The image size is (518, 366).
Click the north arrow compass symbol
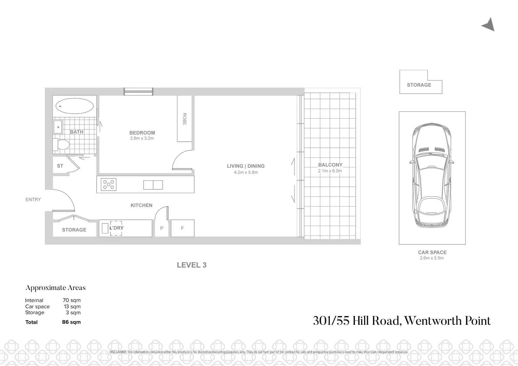pos(489,25)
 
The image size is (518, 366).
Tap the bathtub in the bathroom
pos(75,106)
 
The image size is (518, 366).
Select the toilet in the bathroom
pos(62,145)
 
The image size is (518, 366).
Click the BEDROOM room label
pos(142,133)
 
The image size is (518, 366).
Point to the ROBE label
pos(184,119)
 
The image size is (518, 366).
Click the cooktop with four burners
pos(109,184)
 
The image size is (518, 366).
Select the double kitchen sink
pos(153,185)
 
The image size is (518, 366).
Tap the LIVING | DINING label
pos(245,166)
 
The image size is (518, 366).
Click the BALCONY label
pos(330,165)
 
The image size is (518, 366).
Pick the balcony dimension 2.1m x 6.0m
pos(330,171)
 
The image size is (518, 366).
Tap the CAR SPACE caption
pos(432,252)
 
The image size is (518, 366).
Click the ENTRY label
pos(33,200)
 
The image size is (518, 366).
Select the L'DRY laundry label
pos(116,228)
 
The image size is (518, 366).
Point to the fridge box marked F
pos(182,228)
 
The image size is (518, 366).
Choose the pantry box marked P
pos(162,228)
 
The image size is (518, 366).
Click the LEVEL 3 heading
pos(192,265)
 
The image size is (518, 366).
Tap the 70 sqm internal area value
pos(72,300)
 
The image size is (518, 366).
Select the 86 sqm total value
pos(71,322)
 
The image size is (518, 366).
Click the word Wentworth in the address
pos(435,321)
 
